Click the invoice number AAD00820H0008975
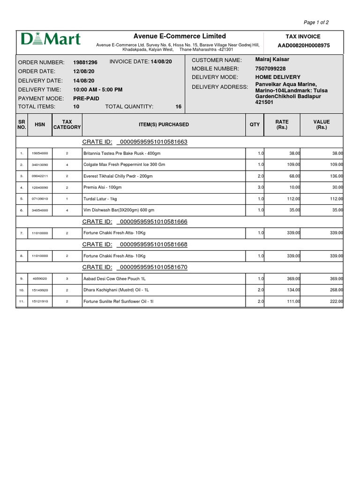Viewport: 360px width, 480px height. click(303, 45)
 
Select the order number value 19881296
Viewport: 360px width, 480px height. click(85, 62)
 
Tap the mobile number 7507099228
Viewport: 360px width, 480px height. click(270, 68)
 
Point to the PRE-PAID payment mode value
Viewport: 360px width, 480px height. click(86, 98)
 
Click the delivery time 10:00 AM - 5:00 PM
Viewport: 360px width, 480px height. click(98, 89)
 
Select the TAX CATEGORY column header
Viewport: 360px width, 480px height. click(67, 125)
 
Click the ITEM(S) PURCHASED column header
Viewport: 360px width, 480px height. click(164, 125)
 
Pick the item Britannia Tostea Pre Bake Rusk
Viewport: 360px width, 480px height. click(121, 153)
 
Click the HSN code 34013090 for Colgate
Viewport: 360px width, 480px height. click(40, 165)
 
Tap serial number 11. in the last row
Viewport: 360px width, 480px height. click(22, 301)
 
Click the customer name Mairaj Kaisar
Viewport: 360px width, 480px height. click(272, 60)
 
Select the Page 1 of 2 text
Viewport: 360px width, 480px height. click(316, 22)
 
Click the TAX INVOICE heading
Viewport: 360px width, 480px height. click(303, 37)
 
